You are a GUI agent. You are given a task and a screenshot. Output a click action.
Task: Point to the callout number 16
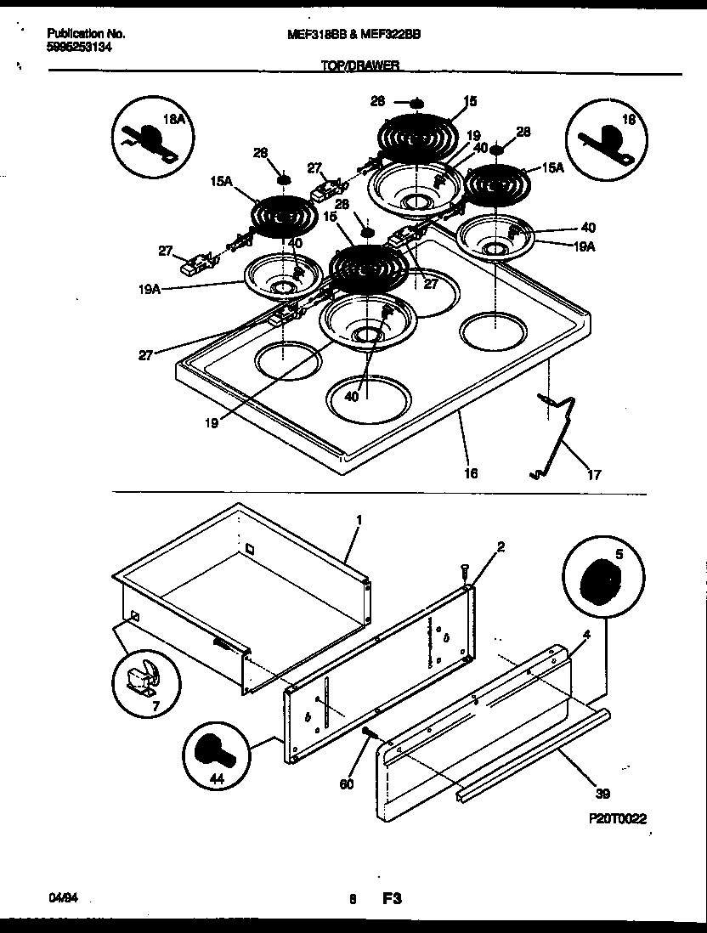point(472,473)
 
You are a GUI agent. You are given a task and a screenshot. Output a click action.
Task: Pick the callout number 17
point(594,475)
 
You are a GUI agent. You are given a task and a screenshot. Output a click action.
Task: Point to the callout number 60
point(347,784)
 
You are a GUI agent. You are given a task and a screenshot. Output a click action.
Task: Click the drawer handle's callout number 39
point(602,794)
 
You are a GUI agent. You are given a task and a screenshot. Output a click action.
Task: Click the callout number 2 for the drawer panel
point(501,546)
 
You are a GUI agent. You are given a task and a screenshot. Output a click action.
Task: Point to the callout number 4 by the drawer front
point(586,634)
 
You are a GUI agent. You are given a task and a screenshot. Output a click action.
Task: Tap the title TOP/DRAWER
point(360,65)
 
